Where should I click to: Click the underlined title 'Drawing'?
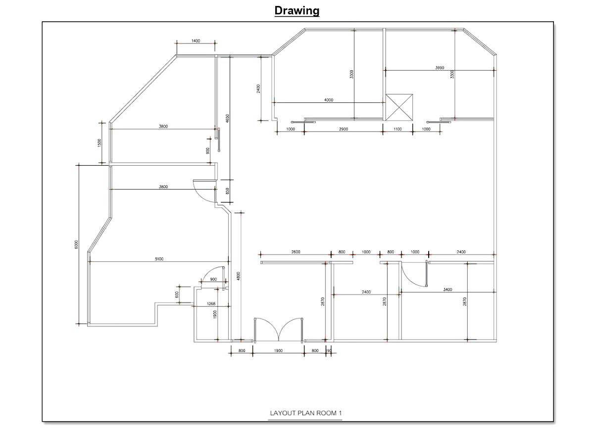(x=297, y=10)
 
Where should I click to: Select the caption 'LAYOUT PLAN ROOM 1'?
(x=305, y=413)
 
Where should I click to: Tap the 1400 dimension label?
(x=196, y=41)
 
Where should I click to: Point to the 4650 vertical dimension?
(x=227, y=119)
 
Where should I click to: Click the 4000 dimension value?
(x=328, y=100)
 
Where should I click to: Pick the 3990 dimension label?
(x=440, y=68)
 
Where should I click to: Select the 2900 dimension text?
(x=344, y=129)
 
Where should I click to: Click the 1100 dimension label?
(x=397, y=129)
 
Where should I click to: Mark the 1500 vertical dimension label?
(x=99, y=143)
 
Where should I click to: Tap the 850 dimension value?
(x=227, y=191)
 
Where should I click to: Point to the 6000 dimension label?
(x=76, y=244)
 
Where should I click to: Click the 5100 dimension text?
(x=159, y=259)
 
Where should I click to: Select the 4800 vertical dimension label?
(x=238, y=276)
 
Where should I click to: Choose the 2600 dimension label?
(x=296, y=252)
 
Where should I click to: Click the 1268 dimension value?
(x=211, y=304)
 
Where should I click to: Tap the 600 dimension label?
(x=177, y=294)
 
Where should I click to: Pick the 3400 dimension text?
(x=447, y=289)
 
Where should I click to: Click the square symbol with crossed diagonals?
(x=398, y=107)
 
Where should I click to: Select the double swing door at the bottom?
(x=279, y=330)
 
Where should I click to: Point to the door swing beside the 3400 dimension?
(x=414, y=275)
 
